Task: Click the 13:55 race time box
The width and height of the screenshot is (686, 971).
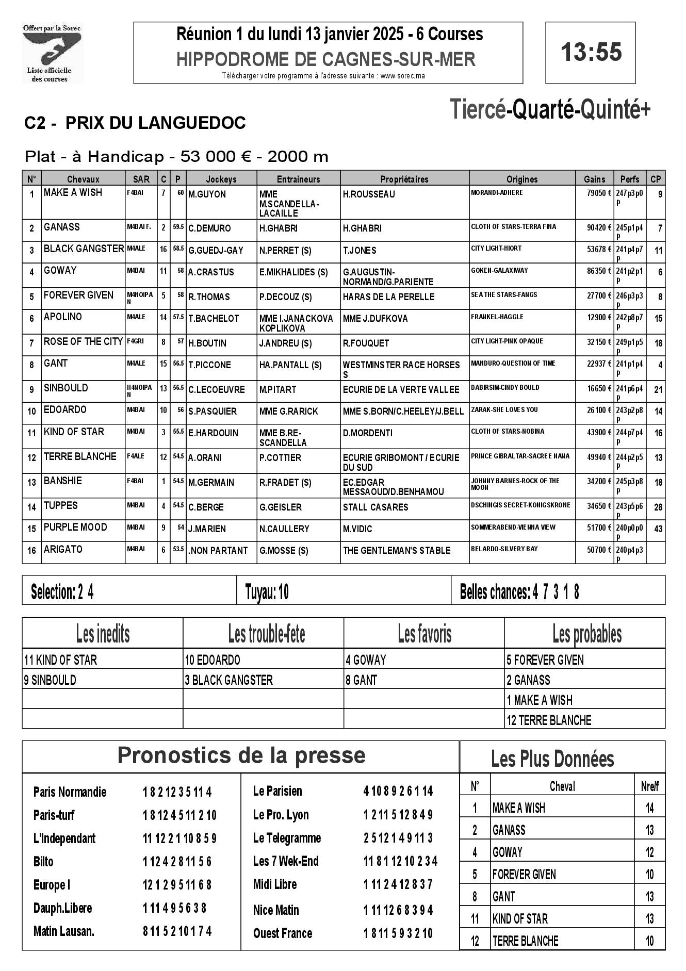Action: (x=591, y=53)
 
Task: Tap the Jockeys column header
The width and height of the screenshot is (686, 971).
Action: (x=221, y=179)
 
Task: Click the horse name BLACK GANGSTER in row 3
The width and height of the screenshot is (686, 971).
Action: (x=84, y=249)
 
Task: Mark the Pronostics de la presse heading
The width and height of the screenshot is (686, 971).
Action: (x=241, y=755)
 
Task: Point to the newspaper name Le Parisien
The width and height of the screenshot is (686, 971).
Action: (x=277, y=791)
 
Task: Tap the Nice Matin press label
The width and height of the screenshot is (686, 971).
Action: (x=276, y=910)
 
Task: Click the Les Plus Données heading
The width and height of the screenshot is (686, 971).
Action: (x=552, y=759)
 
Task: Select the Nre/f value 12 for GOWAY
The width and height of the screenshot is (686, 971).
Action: (x=649, y=852)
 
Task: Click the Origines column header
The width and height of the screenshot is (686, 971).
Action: (x=521, y=179)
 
